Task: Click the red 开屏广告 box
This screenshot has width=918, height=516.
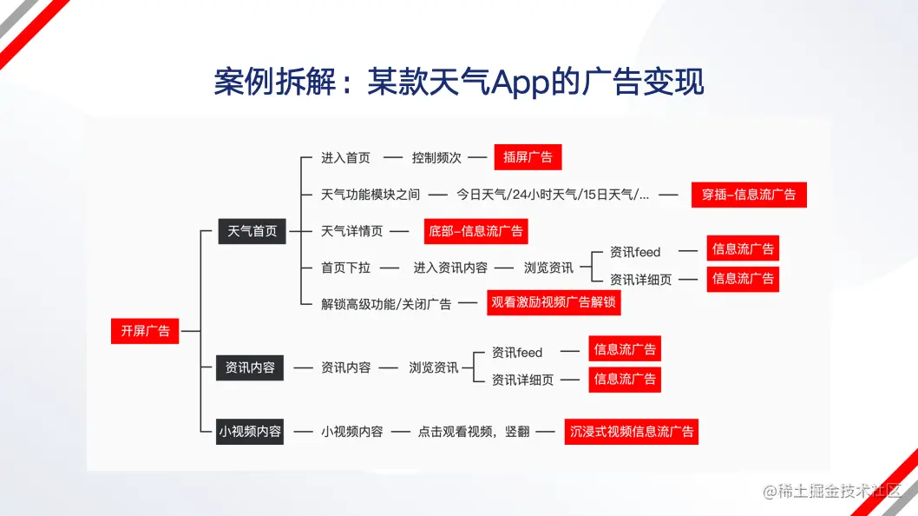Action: click(x=145, y=331)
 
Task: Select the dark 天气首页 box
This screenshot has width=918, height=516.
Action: click(x=252, y=231)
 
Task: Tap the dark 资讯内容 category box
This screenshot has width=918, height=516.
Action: click(x=249, y=367)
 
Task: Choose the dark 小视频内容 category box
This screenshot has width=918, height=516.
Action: click(x=249, y=432)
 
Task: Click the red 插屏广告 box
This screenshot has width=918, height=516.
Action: click(x=528, y=157)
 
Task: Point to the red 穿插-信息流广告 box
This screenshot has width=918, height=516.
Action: click(x=749, y=195)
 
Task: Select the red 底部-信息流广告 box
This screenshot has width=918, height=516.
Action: click(x=475, y=231)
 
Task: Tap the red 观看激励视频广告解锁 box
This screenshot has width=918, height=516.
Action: click(x=554, y=302)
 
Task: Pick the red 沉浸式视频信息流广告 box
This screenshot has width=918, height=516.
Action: click(x=631, y=432)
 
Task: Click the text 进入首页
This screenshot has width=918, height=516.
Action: click(x=345, y=158)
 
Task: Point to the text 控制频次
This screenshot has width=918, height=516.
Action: click(x=436, y=158)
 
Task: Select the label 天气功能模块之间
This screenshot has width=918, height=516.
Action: click(x=370, y=195)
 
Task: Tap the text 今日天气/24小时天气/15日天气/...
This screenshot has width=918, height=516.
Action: click(x=550, y=195)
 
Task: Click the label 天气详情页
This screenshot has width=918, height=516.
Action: click(x=351, y=231)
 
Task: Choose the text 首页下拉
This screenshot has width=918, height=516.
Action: click(x=345, y=268)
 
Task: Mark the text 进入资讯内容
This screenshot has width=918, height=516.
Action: click(x=450, y=268)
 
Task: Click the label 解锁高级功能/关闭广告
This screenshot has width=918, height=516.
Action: click(x=386, y=304)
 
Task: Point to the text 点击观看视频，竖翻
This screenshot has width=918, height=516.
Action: click(x=474, y=432)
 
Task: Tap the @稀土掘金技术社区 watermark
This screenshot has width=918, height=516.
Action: click(x=831, y=491)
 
